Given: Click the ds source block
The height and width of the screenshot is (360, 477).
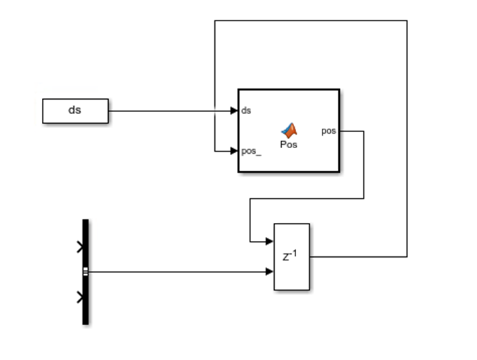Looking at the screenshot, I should click(75, 111).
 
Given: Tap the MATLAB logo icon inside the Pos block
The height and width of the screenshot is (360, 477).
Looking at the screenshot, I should click(289, 129).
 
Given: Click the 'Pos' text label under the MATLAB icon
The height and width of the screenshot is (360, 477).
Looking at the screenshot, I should click(289, 144).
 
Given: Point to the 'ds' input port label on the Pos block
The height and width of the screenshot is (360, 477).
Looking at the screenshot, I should click(246, 111).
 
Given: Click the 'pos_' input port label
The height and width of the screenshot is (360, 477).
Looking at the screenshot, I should click(250, 152).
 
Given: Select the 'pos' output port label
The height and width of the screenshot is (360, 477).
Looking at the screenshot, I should click(328, 131).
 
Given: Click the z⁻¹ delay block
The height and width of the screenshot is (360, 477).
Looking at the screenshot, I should click(292, 270).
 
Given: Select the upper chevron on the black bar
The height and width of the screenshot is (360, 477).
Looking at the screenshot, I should click(80, 247).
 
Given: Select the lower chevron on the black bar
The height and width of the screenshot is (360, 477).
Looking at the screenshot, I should click(80, 297).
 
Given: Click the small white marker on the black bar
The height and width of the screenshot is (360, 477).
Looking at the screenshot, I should click(85, 272).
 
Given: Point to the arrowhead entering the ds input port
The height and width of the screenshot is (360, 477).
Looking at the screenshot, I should click(234, 111).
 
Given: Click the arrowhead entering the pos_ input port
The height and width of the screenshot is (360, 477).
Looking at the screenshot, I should click(234, 152).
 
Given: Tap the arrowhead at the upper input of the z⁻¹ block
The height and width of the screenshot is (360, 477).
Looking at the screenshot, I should click(270, 242).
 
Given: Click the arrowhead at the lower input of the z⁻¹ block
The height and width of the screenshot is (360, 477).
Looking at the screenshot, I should click(270, 272).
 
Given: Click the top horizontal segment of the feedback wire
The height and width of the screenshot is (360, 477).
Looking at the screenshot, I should click(309, 21).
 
